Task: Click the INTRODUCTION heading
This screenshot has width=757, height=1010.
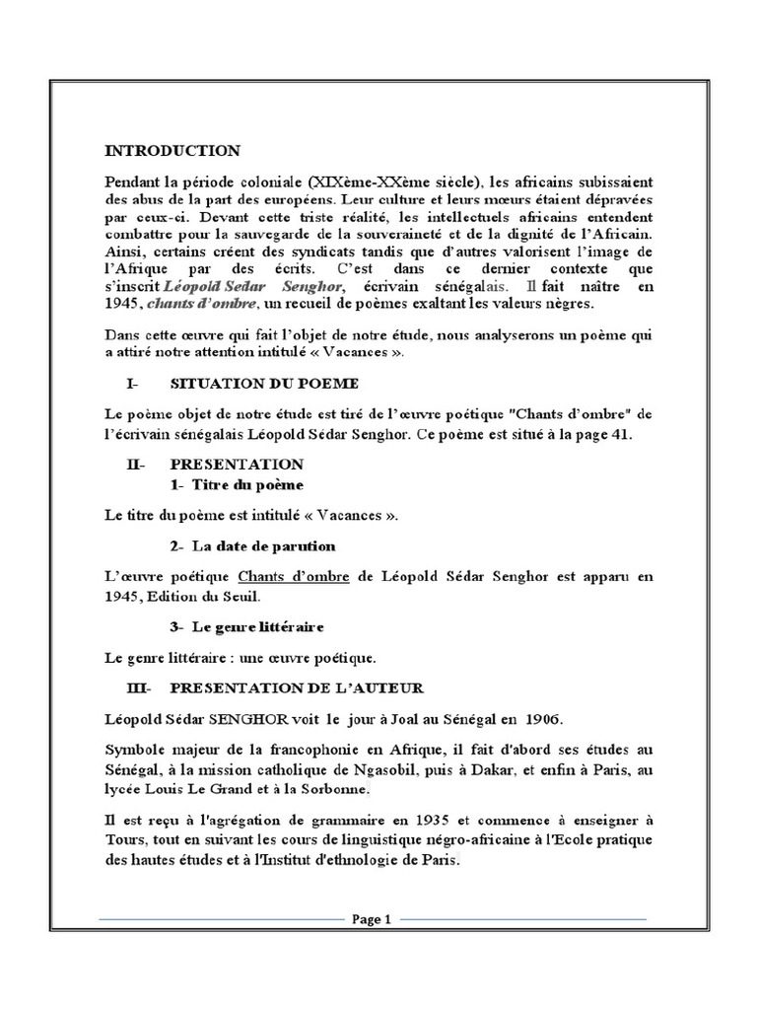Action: [172, 151]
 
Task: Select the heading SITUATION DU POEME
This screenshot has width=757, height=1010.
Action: [264, 383]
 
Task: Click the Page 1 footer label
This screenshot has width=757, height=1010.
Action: [372, 919]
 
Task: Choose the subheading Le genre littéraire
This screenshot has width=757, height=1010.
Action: [258, 626]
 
